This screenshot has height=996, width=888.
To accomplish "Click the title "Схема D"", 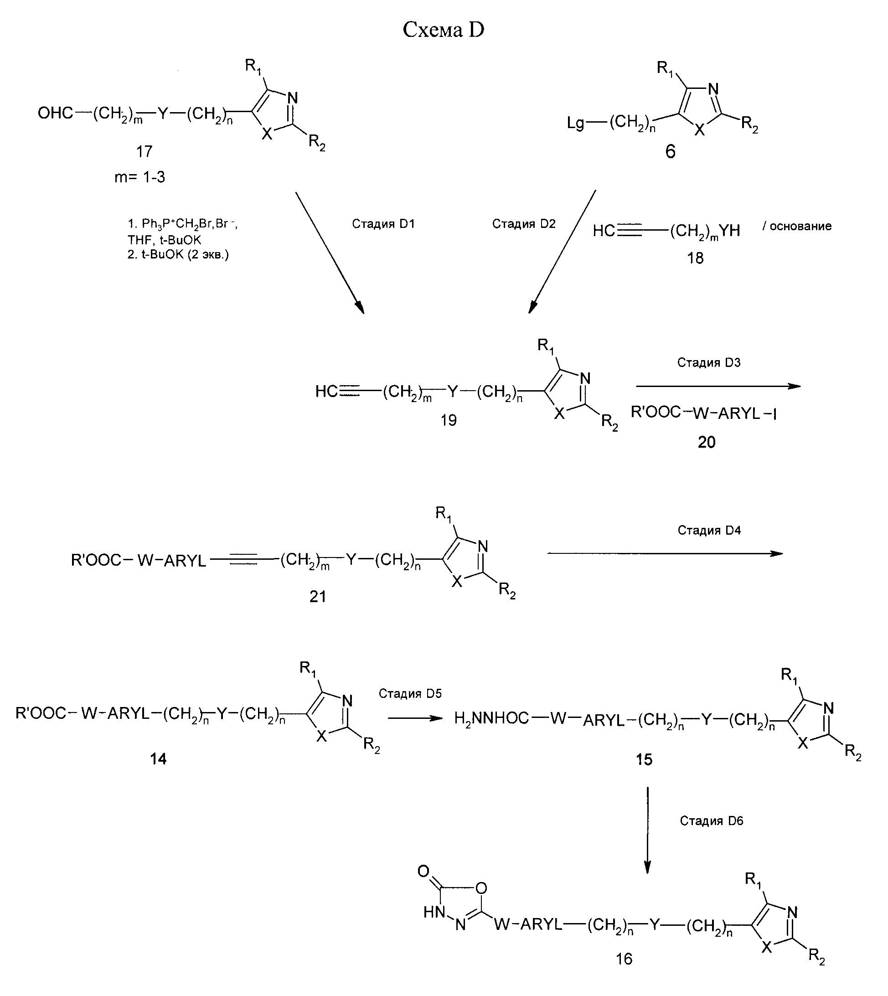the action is [x=443, y=30].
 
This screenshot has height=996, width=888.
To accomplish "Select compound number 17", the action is [x=145, y=151].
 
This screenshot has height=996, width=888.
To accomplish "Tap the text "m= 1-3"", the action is [x=139, y=177].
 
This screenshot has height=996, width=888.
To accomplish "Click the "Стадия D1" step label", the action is [x=383, y=224].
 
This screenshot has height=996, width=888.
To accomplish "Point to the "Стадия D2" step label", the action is [x=523, y=224].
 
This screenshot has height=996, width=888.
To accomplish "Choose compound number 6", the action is [x=671, y=152].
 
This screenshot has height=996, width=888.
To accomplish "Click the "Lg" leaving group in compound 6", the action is [x=575, y=123].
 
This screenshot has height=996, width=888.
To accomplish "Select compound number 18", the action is [x=695, y=258].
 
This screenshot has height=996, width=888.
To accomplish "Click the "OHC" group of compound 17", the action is [x=55, y=114].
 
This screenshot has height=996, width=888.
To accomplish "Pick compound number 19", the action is [x=449, y=420].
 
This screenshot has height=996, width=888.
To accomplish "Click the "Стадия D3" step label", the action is [x=708, y=362].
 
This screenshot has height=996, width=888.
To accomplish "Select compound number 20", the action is [x=707, y=442].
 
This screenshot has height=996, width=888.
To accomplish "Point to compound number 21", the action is [x=318, y=596].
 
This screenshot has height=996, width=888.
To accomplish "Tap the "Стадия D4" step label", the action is [x=709, y=531].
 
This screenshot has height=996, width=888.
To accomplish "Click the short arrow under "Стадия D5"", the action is [x=415, y=718].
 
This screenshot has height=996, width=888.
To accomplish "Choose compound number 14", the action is [x=158, y=759].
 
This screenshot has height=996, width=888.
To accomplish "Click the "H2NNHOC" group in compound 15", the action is [x=491, y=718].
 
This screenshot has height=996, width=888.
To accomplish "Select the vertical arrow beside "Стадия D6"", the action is [x=647, y=830].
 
